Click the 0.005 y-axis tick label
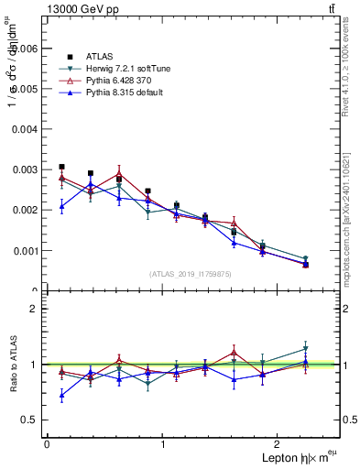pos(26,89)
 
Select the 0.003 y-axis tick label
pos(26,169)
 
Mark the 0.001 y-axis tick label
pos(26,250)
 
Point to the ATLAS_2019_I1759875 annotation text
pos(190,273)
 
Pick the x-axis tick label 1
pos(163,444)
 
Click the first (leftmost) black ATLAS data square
pos(61,168)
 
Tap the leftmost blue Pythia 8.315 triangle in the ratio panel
pos(61,396)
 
